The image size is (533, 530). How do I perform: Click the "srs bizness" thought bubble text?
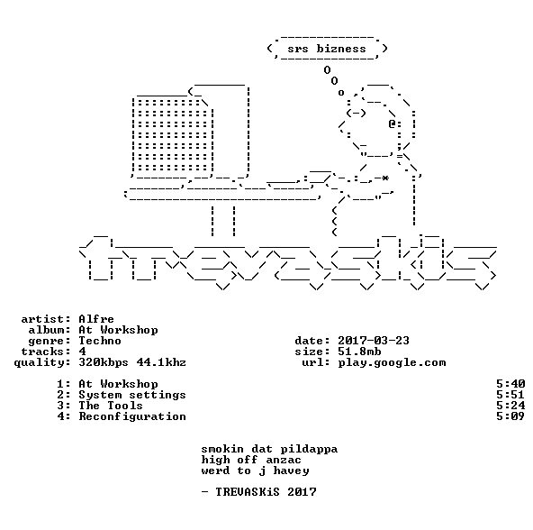pos(327,49)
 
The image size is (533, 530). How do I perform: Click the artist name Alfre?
pos(96,319)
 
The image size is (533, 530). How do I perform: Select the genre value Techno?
pos(100,341)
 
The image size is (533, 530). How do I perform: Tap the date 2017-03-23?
pos(374,341)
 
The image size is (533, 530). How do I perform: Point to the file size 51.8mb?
pos(359,352)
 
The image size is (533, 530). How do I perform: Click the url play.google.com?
pos(392,363)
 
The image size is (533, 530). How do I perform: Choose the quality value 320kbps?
pos(104,363)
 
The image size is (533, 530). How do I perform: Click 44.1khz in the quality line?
pos(161,362)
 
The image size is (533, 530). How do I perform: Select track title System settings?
pos(132,395)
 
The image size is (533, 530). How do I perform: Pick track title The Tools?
pos(111,406)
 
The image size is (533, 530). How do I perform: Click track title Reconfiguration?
pos(132,417)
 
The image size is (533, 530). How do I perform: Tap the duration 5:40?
pos(510,384)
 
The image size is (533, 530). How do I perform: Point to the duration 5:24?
pos(510,406)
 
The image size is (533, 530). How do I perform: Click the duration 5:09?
pos(510,416)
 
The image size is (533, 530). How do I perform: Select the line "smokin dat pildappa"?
pos(269,449)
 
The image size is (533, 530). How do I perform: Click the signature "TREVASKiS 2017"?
pos(266,492)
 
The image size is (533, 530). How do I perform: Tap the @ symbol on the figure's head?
pos(392,123)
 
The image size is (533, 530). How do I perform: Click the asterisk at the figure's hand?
pos(385,178)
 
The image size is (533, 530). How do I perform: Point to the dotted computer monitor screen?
pos(173,135)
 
